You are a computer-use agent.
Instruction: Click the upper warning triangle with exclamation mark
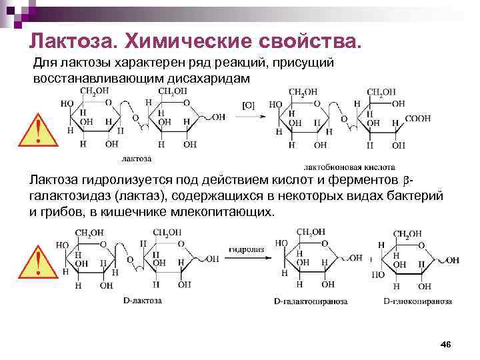[x=39, y=130]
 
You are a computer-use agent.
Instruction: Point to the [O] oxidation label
[x=248, y=105]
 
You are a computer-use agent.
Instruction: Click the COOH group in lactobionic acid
[x=417, y=119]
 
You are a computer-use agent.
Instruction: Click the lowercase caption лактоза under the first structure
[x=136, y=159]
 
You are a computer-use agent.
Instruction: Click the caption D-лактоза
[x=142, y=301]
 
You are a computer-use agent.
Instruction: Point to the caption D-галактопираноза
[x=311, y=301]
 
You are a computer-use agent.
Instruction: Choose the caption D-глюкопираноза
[x=418, y=301]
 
